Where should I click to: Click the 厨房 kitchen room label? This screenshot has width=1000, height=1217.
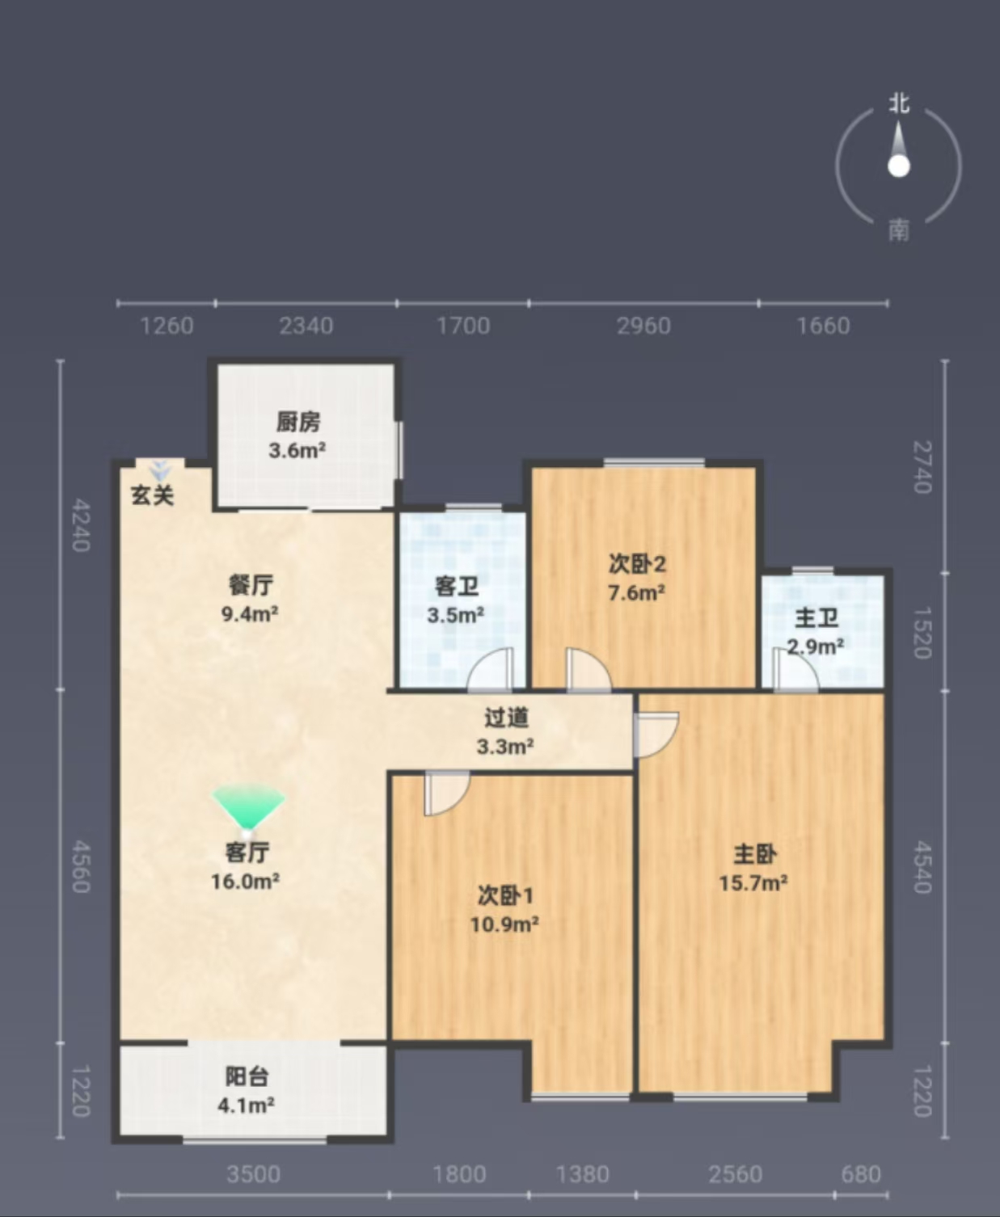coord(298,423)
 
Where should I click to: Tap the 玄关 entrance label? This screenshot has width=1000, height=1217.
coord(153,495)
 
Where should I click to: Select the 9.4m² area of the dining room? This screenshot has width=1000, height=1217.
coord(250,613)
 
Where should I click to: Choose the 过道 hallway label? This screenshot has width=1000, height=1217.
coord(506,718)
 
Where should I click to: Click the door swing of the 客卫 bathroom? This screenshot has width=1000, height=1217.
coord(490,669)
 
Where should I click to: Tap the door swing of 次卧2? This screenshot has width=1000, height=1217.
coord(588,669)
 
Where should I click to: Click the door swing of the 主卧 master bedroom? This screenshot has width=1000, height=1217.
coord(656,735)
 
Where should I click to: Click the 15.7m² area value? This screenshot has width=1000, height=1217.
coord(753,883)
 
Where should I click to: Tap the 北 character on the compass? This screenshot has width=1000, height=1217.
coord(899,104)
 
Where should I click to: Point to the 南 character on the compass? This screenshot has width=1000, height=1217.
coord(898,231)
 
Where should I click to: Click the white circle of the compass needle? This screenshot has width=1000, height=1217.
coord(898,166)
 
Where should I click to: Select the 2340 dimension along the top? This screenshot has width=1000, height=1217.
coord(306,326)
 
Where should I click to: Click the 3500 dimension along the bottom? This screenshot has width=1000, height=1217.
coord(254,1174)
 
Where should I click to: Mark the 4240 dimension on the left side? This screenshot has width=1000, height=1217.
coord(81,526)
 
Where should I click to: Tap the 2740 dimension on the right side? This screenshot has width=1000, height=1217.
coord(922,467)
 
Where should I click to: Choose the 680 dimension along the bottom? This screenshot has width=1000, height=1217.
coord(861,1174)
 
